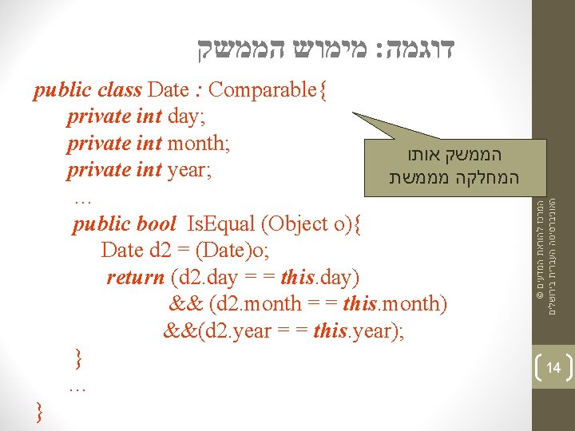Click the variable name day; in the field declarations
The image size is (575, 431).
(x=187, y=117)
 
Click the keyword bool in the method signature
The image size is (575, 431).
(x=156, y=224)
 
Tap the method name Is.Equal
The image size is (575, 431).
(x=220, y=224)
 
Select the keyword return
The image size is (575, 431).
(x=135, y=278)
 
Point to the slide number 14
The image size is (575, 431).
(x=553, y=367)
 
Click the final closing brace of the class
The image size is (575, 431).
(x=40, y=412)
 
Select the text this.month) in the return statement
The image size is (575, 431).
(x=396, y=304)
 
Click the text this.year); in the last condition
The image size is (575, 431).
(x=360, y=330)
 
